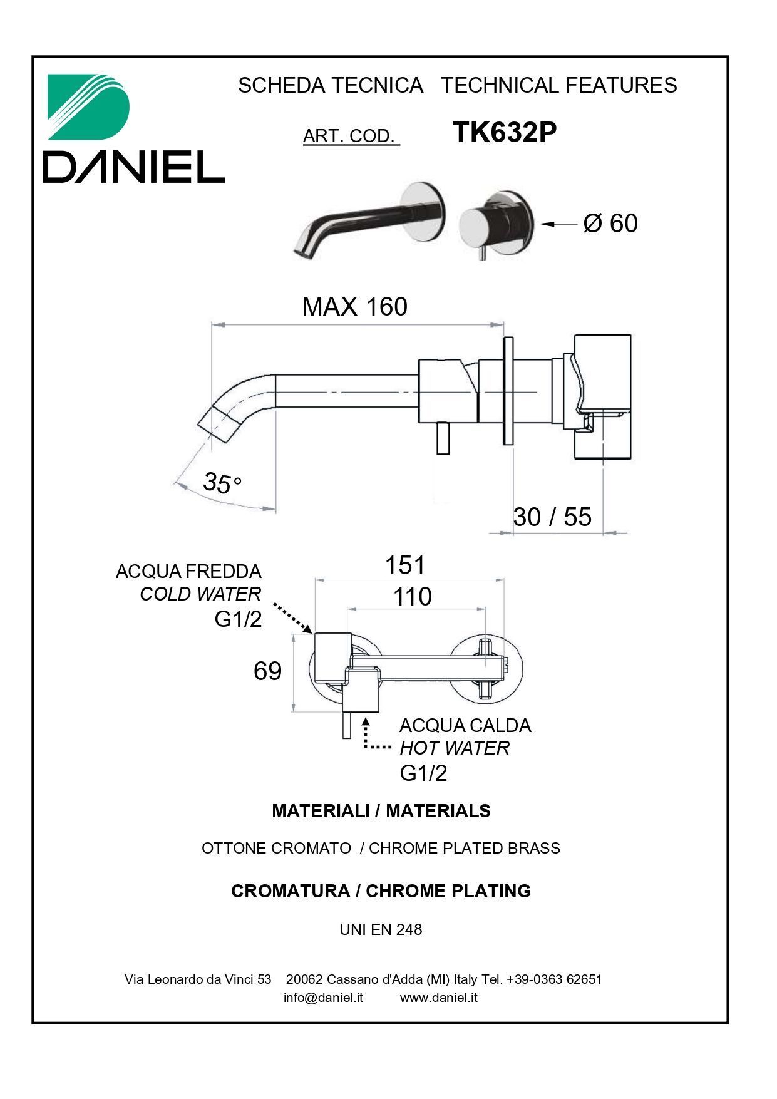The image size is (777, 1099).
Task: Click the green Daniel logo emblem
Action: point(89,106)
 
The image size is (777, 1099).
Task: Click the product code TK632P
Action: point(504,132)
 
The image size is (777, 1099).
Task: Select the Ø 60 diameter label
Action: point(610,224)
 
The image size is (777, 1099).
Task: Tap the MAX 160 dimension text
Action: point(354,306)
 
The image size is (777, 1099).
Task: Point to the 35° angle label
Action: point(222,482)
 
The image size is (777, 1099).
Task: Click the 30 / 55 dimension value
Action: point(552,517)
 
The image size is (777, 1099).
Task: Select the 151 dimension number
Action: point(404,565)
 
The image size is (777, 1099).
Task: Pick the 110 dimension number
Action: point(412,596)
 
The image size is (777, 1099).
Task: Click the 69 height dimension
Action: point(267,671)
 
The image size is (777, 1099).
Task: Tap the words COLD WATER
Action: point(200,594)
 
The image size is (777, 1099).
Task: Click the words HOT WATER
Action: point(455,748)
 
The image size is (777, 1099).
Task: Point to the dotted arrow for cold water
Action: point(292,617)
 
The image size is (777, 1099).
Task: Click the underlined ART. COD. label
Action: point(351,136)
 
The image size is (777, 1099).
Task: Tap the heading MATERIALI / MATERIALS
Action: point(381,811)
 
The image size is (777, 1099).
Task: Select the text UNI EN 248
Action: point(381,929)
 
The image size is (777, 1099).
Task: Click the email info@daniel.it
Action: point(323,997)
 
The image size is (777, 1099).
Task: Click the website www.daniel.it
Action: point(438,997)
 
